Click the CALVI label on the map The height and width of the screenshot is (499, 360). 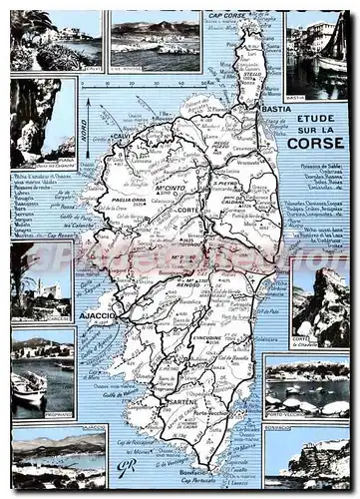tap(123, 137)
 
